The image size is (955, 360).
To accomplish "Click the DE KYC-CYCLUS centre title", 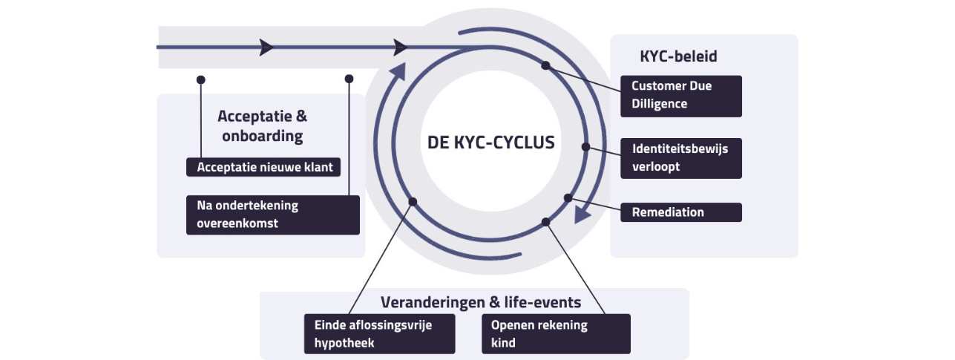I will coord(490,142).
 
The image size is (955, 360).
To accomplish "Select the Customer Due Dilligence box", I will coord(680,96).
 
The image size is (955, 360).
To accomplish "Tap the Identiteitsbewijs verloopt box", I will coord(680,158).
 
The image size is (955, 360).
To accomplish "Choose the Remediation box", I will coord(680,212).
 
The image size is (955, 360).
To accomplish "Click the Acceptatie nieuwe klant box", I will coord(263,168).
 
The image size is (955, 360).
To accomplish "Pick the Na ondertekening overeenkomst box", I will coord(272,215).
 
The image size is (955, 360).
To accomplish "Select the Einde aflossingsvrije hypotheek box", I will coord(379,334).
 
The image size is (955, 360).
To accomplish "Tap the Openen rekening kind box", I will coord(555,334).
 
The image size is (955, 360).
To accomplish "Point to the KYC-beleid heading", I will coord(678,56).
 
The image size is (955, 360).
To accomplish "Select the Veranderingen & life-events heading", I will coord(480,302).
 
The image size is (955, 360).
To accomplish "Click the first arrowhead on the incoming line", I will coord(266,48).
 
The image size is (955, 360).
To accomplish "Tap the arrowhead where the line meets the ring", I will coord(401,48).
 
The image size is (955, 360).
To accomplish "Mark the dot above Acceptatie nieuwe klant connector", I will coord(200,79).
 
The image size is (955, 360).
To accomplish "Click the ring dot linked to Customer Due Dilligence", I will coord(545,65).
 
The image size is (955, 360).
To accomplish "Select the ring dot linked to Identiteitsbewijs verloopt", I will coord(585,147).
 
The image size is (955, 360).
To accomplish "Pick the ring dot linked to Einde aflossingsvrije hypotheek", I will coord(413,201).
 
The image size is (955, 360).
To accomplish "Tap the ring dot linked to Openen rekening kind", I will coord(545,222).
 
